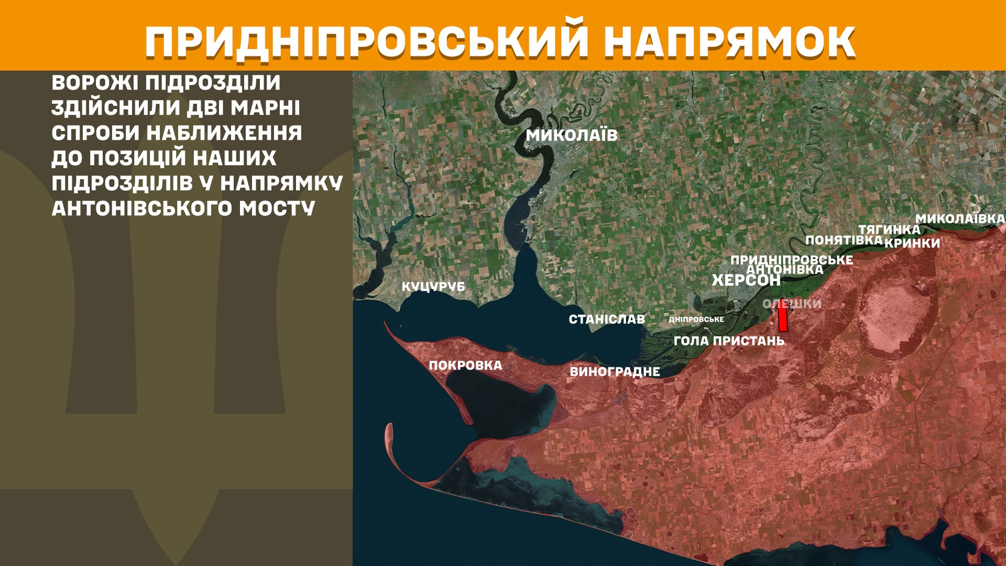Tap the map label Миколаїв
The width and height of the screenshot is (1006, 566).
572,135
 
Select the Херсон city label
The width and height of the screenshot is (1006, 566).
746,280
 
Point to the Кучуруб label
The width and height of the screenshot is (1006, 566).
433,287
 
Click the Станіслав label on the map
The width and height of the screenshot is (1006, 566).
607,319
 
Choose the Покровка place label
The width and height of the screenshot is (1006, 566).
465,365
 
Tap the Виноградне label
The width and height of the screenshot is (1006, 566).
615,372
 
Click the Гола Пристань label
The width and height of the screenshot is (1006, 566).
729,341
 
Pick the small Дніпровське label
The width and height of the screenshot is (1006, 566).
696,319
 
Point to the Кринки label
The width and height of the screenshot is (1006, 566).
912,243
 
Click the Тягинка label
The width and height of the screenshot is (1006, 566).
889,230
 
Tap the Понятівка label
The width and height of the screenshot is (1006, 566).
844,240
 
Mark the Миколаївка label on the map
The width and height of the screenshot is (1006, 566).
960,219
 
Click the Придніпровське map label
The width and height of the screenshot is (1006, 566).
791,259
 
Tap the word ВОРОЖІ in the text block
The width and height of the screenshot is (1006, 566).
94,83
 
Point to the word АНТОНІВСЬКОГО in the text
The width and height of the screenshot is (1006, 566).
141,209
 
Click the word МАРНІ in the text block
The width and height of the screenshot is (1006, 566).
265,108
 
